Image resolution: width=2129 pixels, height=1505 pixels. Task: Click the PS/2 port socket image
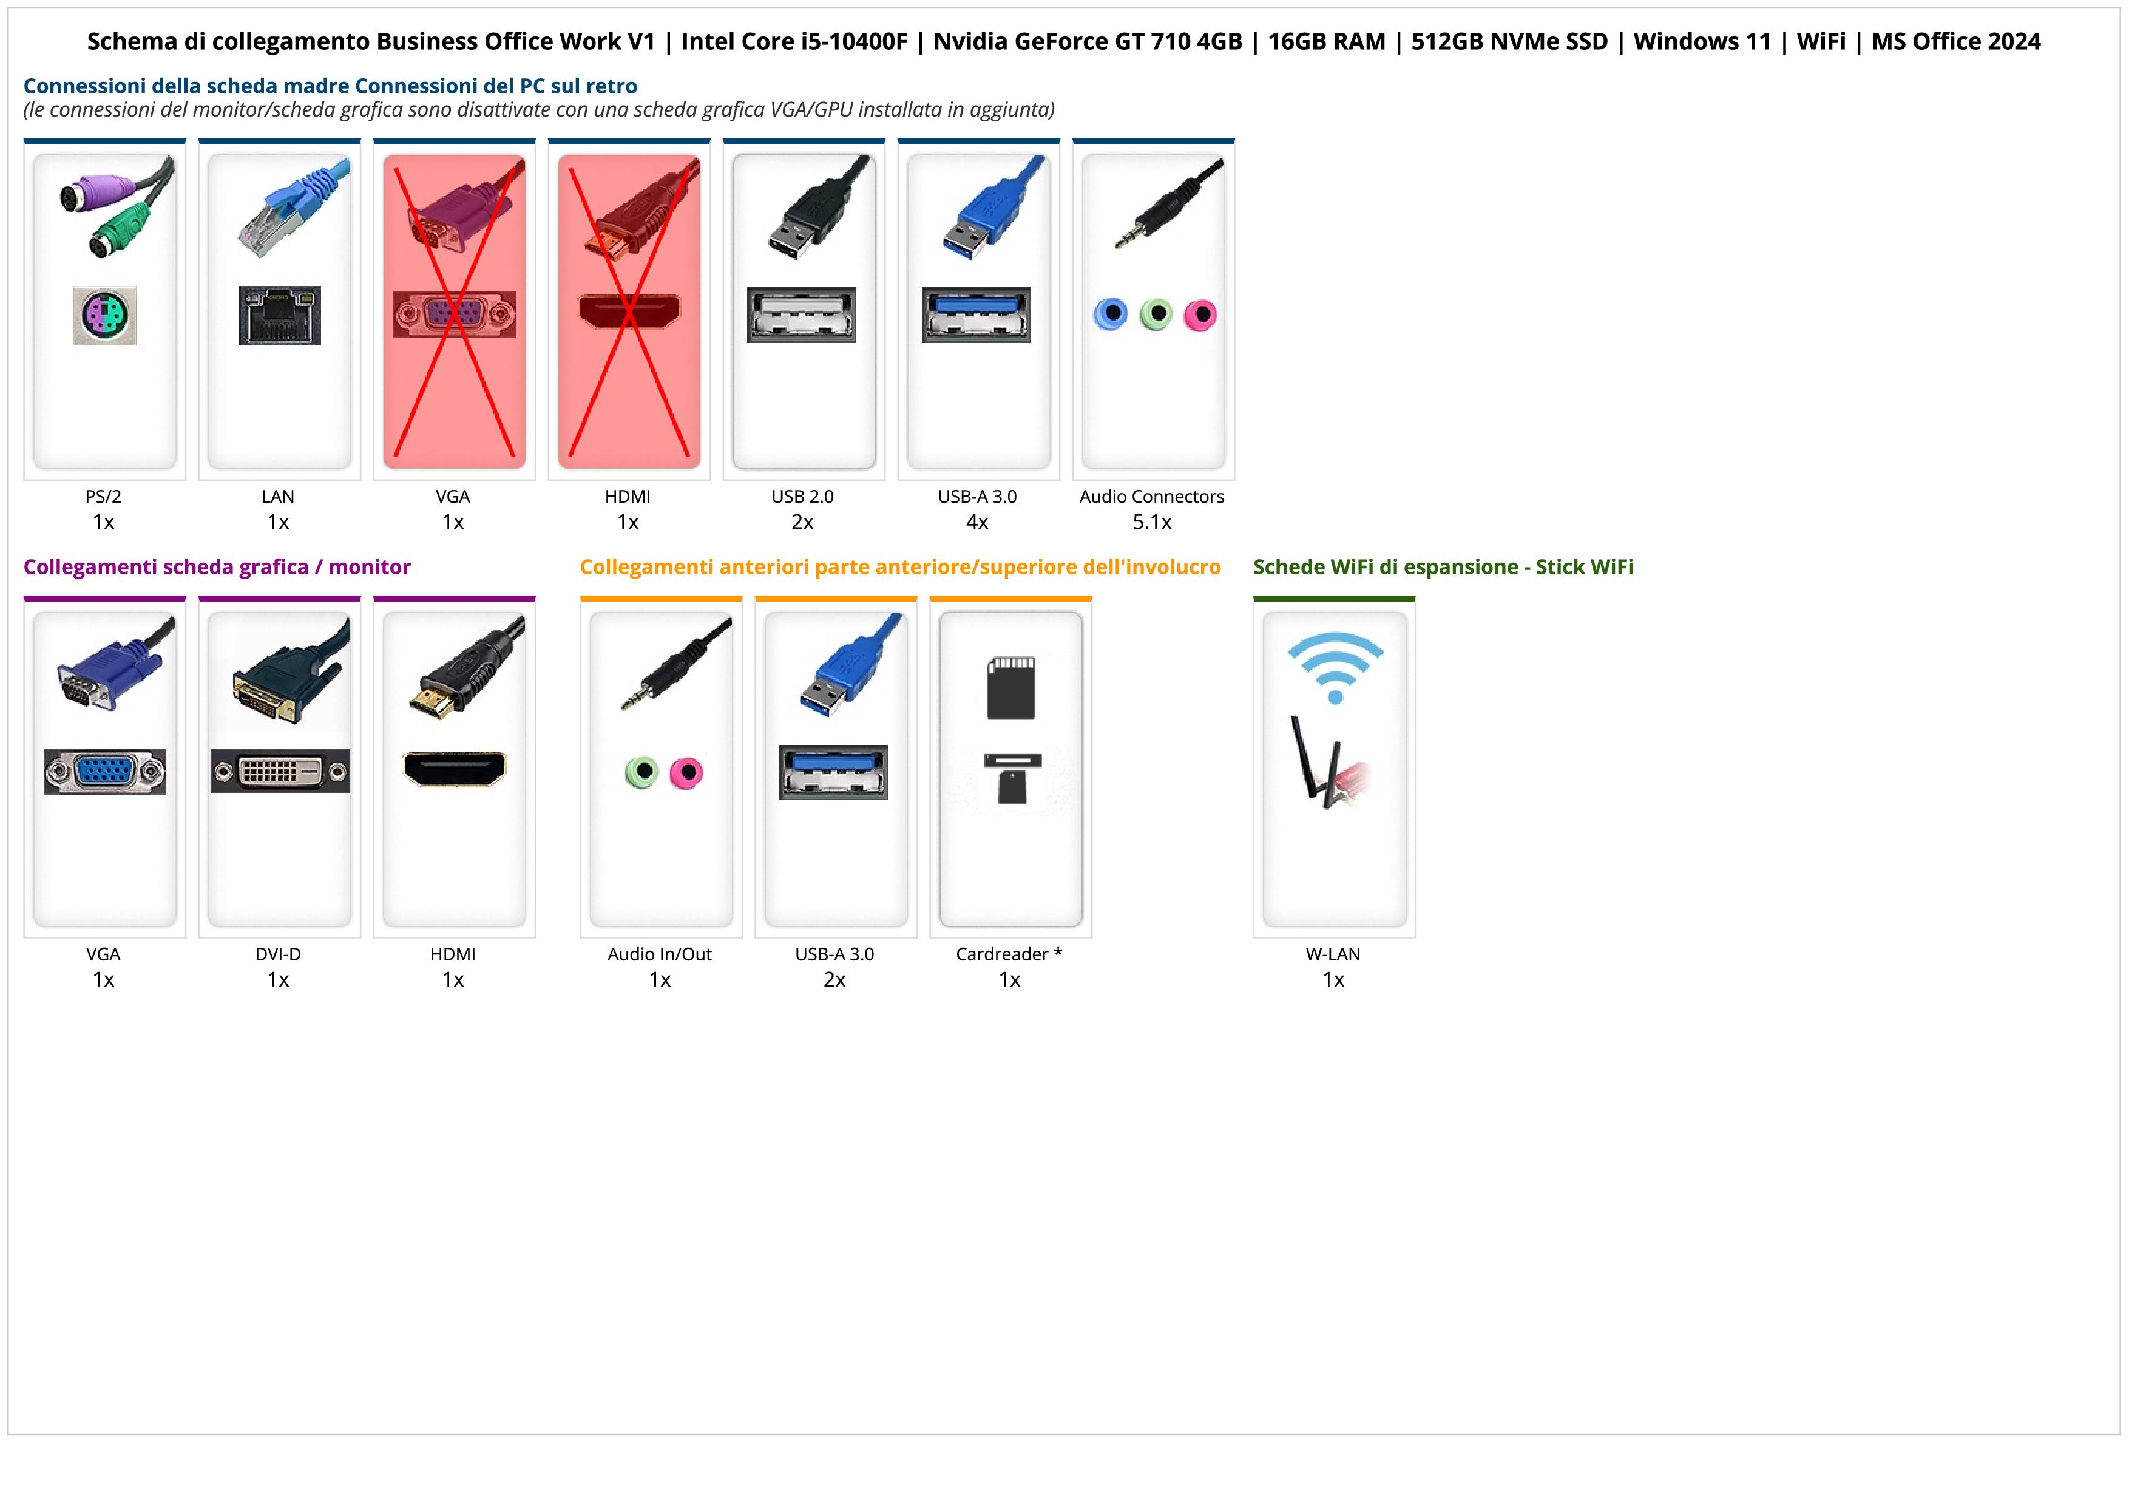[105, 315]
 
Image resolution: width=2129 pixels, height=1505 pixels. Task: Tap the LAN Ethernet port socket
[279, 315]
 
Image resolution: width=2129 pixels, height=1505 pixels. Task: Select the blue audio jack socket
[1111, 314]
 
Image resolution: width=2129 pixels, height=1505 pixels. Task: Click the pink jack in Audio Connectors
[1200, 315]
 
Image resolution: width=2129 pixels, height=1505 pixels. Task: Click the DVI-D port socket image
[280, 772]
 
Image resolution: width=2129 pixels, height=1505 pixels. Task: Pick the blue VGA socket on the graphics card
[105, 772]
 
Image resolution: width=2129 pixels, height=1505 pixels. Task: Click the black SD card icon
[1010, 688]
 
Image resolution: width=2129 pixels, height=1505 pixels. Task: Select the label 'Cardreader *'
[1009, 954]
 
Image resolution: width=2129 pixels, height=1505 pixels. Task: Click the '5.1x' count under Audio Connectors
[1152, 522]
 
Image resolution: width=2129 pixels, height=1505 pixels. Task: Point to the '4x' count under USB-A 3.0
[977, 522]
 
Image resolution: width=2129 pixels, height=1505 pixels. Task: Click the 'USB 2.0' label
[802, 497]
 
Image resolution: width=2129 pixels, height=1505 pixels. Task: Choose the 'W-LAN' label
[1333, 954]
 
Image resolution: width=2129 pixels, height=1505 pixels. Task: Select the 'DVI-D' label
[278, 954]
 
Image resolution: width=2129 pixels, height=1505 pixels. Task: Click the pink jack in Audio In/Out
[686, 772]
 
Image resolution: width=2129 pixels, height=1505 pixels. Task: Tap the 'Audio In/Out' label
[659, 954]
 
